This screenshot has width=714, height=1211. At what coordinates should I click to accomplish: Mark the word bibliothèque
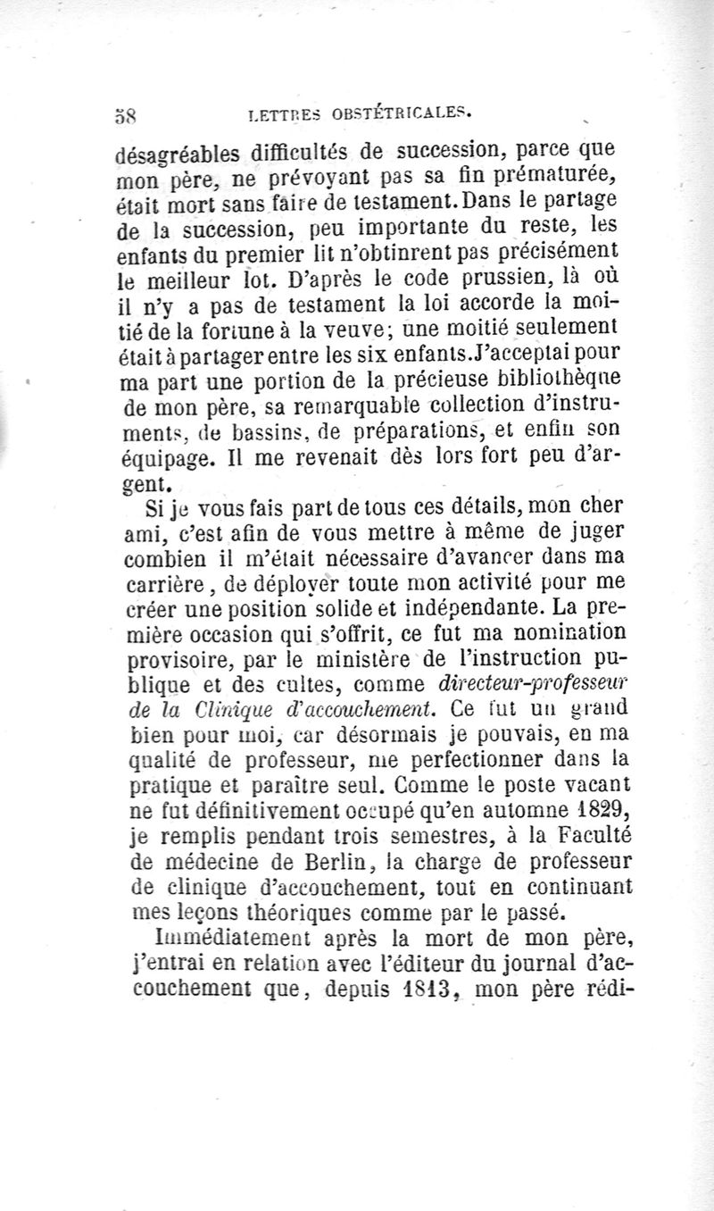click(x=527, y=390)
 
